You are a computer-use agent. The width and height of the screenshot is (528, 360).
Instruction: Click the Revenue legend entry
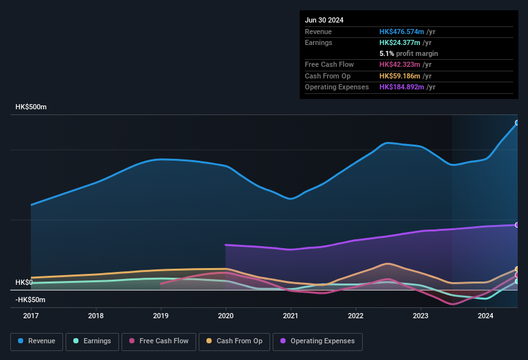[37, 341]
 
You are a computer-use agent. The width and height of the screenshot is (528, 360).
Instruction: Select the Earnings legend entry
[92, 341]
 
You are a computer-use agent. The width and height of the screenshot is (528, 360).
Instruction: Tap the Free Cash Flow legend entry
[159, 341]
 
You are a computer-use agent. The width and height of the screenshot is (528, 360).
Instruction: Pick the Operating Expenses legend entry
[317, 341]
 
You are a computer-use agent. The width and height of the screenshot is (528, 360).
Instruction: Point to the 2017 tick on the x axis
[31, 316]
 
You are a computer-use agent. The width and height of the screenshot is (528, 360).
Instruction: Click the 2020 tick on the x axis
[226, 316]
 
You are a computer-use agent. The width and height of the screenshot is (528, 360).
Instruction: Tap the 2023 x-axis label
[421, 316]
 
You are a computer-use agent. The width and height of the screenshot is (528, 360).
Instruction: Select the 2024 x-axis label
[486, 316]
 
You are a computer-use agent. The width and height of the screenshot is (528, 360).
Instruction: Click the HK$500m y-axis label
[31, 107]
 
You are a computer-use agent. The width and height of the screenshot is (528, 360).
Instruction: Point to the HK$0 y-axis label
[24, 283]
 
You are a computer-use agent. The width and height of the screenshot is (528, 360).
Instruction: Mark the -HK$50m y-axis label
[30, 300]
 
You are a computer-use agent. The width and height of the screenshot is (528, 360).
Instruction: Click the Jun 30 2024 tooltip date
[324, 20]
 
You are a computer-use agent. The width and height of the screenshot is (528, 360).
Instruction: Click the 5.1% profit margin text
[408, 53]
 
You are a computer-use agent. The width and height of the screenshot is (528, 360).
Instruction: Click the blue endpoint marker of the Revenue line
[517, 123]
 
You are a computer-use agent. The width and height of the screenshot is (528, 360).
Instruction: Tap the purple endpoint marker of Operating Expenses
[517, 225]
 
